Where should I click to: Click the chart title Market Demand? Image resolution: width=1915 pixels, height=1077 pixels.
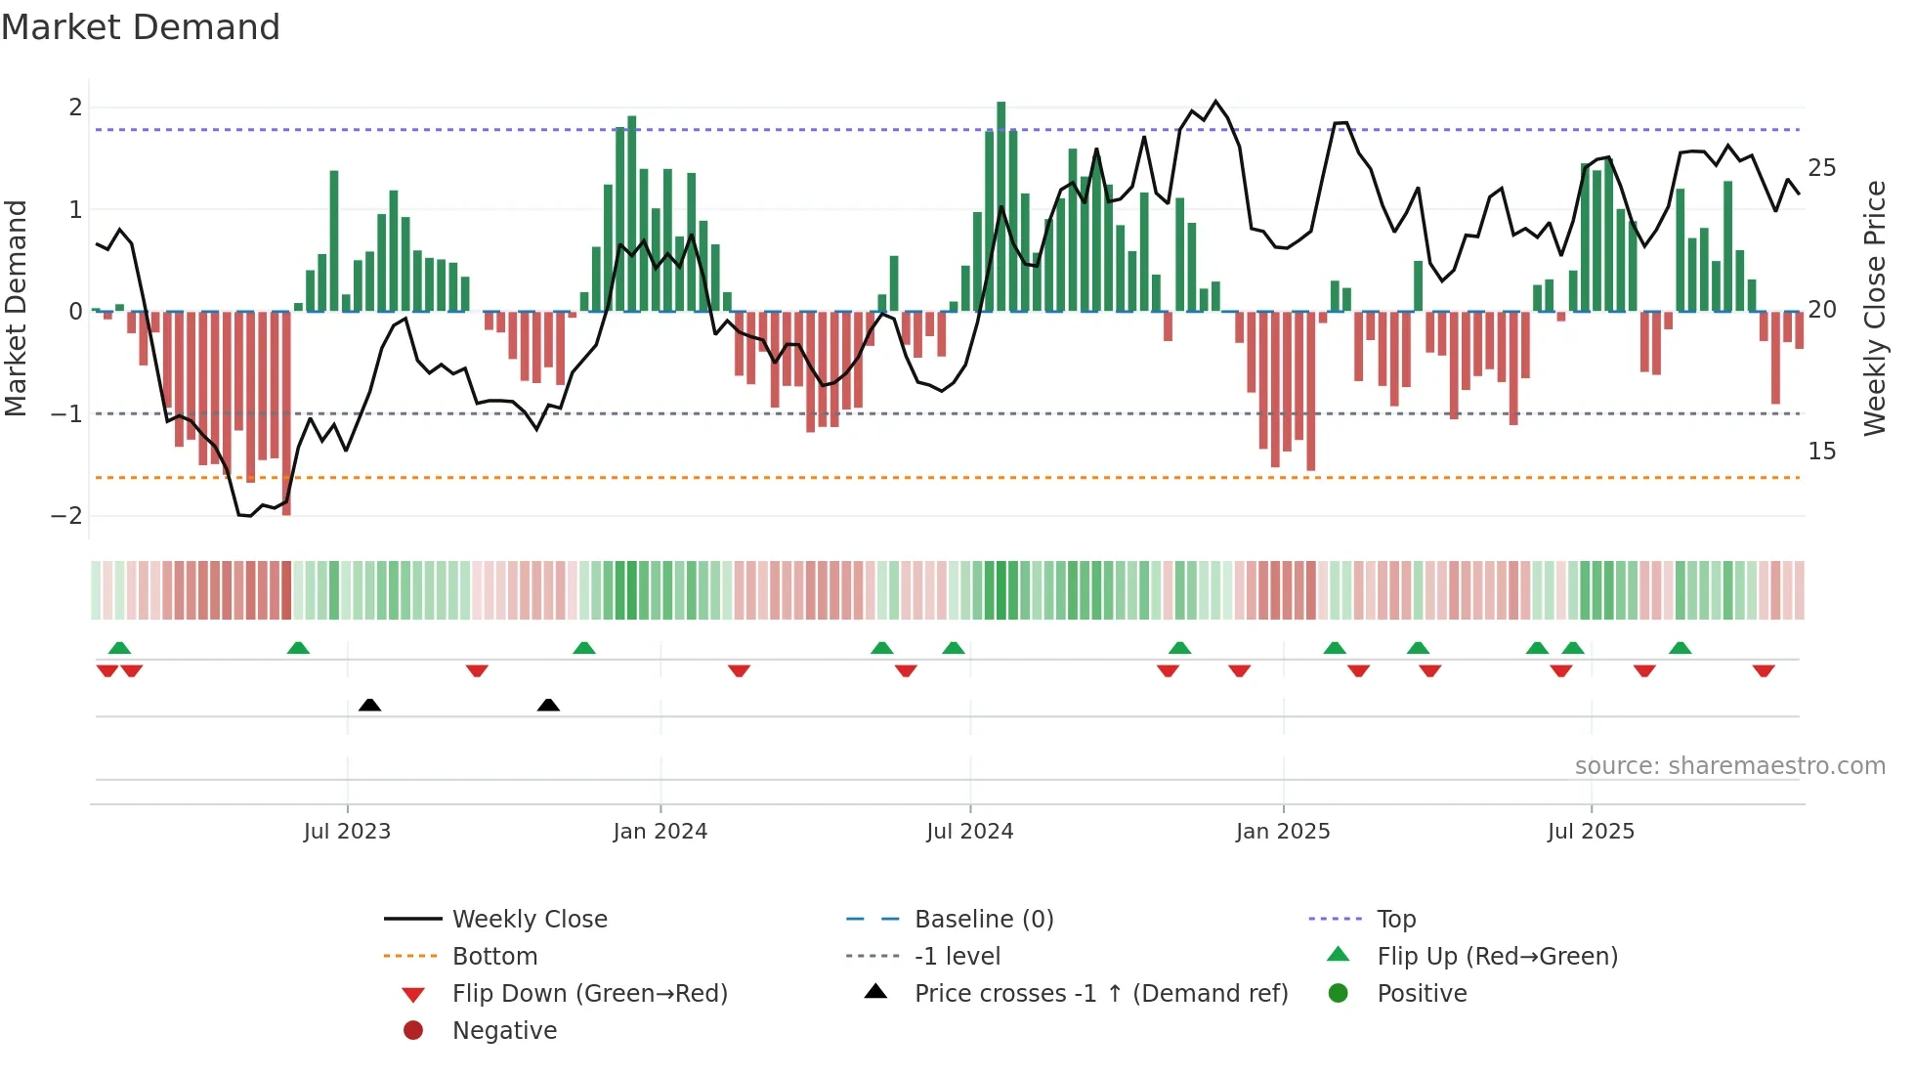click(x=141, y=27)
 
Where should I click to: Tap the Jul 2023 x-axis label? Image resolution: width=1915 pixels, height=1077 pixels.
click(x=347, y=832)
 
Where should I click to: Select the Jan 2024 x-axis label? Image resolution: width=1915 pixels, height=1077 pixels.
click(x=660, y=832)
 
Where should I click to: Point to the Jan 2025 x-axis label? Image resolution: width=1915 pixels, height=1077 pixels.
click(x=1282, y=832)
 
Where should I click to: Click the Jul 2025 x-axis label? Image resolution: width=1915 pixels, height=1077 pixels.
click(x=1591, y=832)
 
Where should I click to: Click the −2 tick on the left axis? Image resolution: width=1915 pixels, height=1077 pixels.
click(x=66, y=516)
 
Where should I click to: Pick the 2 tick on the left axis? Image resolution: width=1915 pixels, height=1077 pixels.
click(x=75, y=108)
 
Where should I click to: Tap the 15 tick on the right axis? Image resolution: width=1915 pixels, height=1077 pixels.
click(x=1821, y=452)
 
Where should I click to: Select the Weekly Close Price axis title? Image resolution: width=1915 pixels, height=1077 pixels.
click(x=1874, y=308)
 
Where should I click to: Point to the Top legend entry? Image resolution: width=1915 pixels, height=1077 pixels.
click(x=1395, y=920)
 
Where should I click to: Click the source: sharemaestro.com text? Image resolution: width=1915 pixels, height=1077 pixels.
click(x=1729, y=766)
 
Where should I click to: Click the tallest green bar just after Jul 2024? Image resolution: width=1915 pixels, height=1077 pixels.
click(x=1000, y=205)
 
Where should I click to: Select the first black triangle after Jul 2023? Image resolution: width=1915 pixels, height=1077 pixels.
click(x=369, y=705)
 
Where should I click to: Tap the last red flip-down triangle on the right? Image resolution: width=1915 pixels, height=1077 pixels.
click(x=1763, y=670)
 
